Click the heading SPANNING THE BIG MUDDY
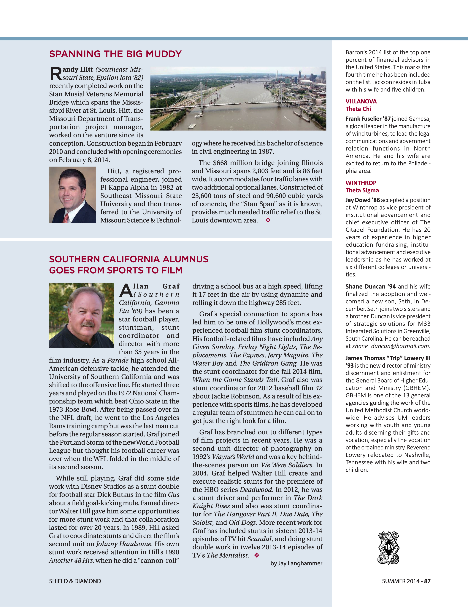pyautogui.click(x=115, y=54)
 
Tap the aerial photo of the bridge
pyautogui.click(x=238, y=98)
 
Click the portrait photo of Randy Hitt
pyautogui.click(x=72, y=195)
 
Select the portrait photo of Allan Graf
pyautogui.click(x=82, y=315)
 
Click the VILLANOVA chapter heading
pyautogui.click(x=361, y=101)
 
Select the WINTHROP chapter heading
pyautogui.click(x=361, y=183)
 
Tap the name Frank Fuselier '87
pyautogui.click(x=368, y=119)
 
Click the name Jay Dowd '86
pyautogui.click(x=363, y=200)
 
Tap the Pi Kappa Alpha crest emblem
pyautogui.click(x=388, y=548)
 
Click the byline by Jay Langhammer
pyautogui.click(x=296, y=563)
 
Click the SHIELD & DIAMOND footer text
pyautogui.click(x=75, y=581)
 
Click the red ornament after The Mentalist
pyautogui.click(x=257, y=555)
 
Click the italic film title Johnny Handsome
pyautogui.click(x=124, y=544)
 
